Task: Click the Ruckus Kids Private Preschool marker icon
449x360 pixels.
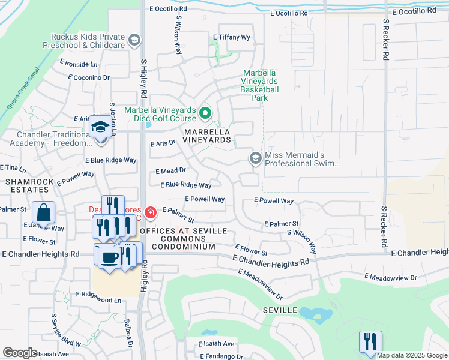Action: tap(135, 41)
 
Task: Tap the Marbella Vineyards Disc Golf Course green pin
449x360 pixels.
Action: tap(205, 113)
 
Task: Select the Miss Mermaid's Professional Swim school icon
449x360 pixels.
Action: tap(255, 158)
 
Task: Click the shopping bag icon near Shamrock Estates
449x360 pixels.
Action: tap(44, 212)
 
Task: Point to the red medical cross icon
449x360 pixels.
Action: tap(149, 211)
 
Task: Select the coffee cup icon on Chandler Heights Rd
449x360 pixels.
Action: tap(108, 257)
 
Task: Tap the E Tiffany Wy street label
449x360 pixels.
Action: tap(232, 37)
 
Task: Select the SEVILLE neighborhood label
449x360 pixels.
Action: tap(280, 310)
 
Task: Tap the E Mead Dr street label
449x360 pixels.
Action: tap(171, 171)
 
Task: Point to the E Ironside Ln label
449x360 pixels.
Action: tap(78, 64)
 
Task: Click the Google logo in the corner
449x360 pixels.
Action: tap(20, 352)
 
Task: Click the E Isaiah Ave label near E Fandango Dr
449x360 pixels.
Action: tap(217, 344)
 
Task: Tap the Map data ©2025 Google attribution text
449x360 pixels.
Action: tap(412, 355)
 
